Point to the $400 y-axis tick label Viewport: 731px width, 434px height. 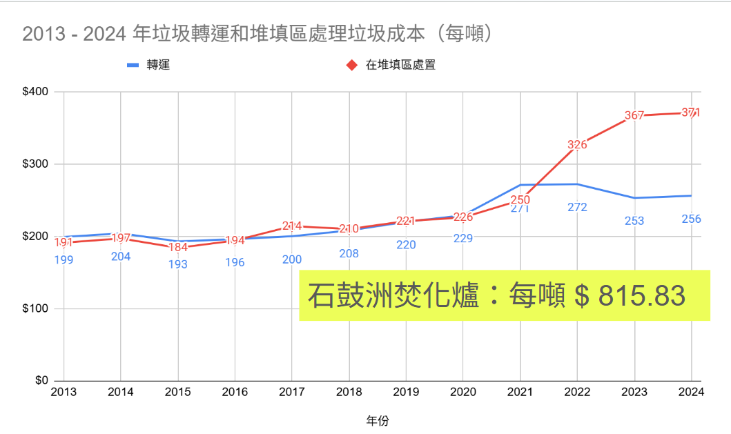pyautogui.click(x=34, y=92)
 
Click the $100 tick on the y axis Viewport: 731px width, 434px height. pyautogui.click(x=34, y=308)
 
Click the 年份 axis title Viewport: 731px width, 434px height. pyautogui.click(x=377, y=420)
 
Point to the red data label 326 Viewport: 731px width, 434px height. pyautogui.click(x=577, y=145)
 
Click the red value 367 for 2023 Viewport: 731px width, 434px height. pyautogui.click(x=634, y=116)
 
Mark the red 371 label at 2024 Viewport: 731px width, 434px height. pyautogui.click(x=691, y=112)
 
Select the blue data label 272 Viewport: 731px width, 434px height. pyautogui.click(x=577, y=207)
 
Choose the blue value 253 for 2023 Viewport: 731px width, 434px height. pyautogui.click(x=634, y=221)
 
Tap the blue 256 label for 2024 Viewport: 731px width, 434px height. pyautogui.click(x=691, y=219)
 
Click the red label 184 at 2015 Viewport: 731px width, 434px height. pyautogui.click(x=178, y=248)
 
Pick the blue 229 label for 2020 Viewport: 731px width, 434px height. pyautogui.click(x=463, y=238)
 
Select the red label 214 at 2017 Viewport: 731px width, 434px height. pyautogui.click(x=292, y=226)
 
